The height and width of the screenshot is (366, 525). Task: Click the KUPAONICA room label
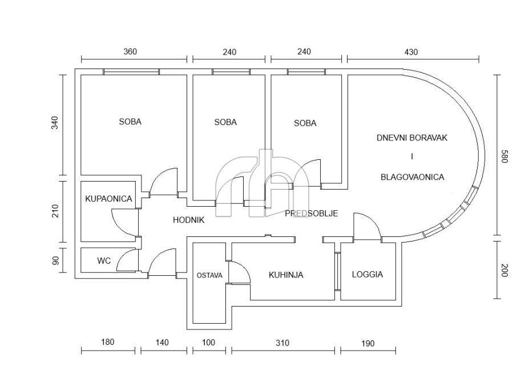point(108,199)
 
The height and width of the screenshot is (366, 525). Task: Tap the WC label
point(104,261)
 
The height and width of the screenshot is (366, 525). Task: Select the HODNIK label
point(188,220)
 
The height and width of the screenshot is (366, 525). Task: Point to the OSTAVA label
point(209,275)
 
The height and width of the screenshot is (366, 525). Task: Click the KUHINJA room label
point(286,275)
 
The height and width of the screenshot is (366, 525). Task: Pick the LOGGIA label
point(367,275)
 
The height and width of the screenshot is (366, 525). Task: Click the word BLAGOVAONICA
point(412,177)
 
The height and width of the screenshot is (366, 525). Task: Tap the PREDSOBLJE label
point(312,213)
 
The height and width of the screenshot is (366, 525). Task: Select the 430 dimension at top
point(411,52)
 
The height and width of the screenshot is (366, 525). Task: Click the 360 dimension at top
point(130,51)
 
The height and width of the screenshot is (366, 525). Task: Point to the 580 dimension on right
point(503,156)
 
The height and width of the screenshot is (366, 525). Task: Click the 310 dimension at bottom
point(282,343)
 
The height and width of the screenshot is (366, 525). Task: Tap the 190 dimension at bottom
point(368,343)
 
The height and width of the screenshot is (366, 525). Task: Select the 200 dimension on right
point(503,270)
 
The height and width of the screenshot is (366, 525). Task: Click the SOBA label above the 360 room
point(130,122)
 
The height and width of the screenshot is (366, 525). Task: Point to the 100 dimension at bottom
point(209,343)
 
